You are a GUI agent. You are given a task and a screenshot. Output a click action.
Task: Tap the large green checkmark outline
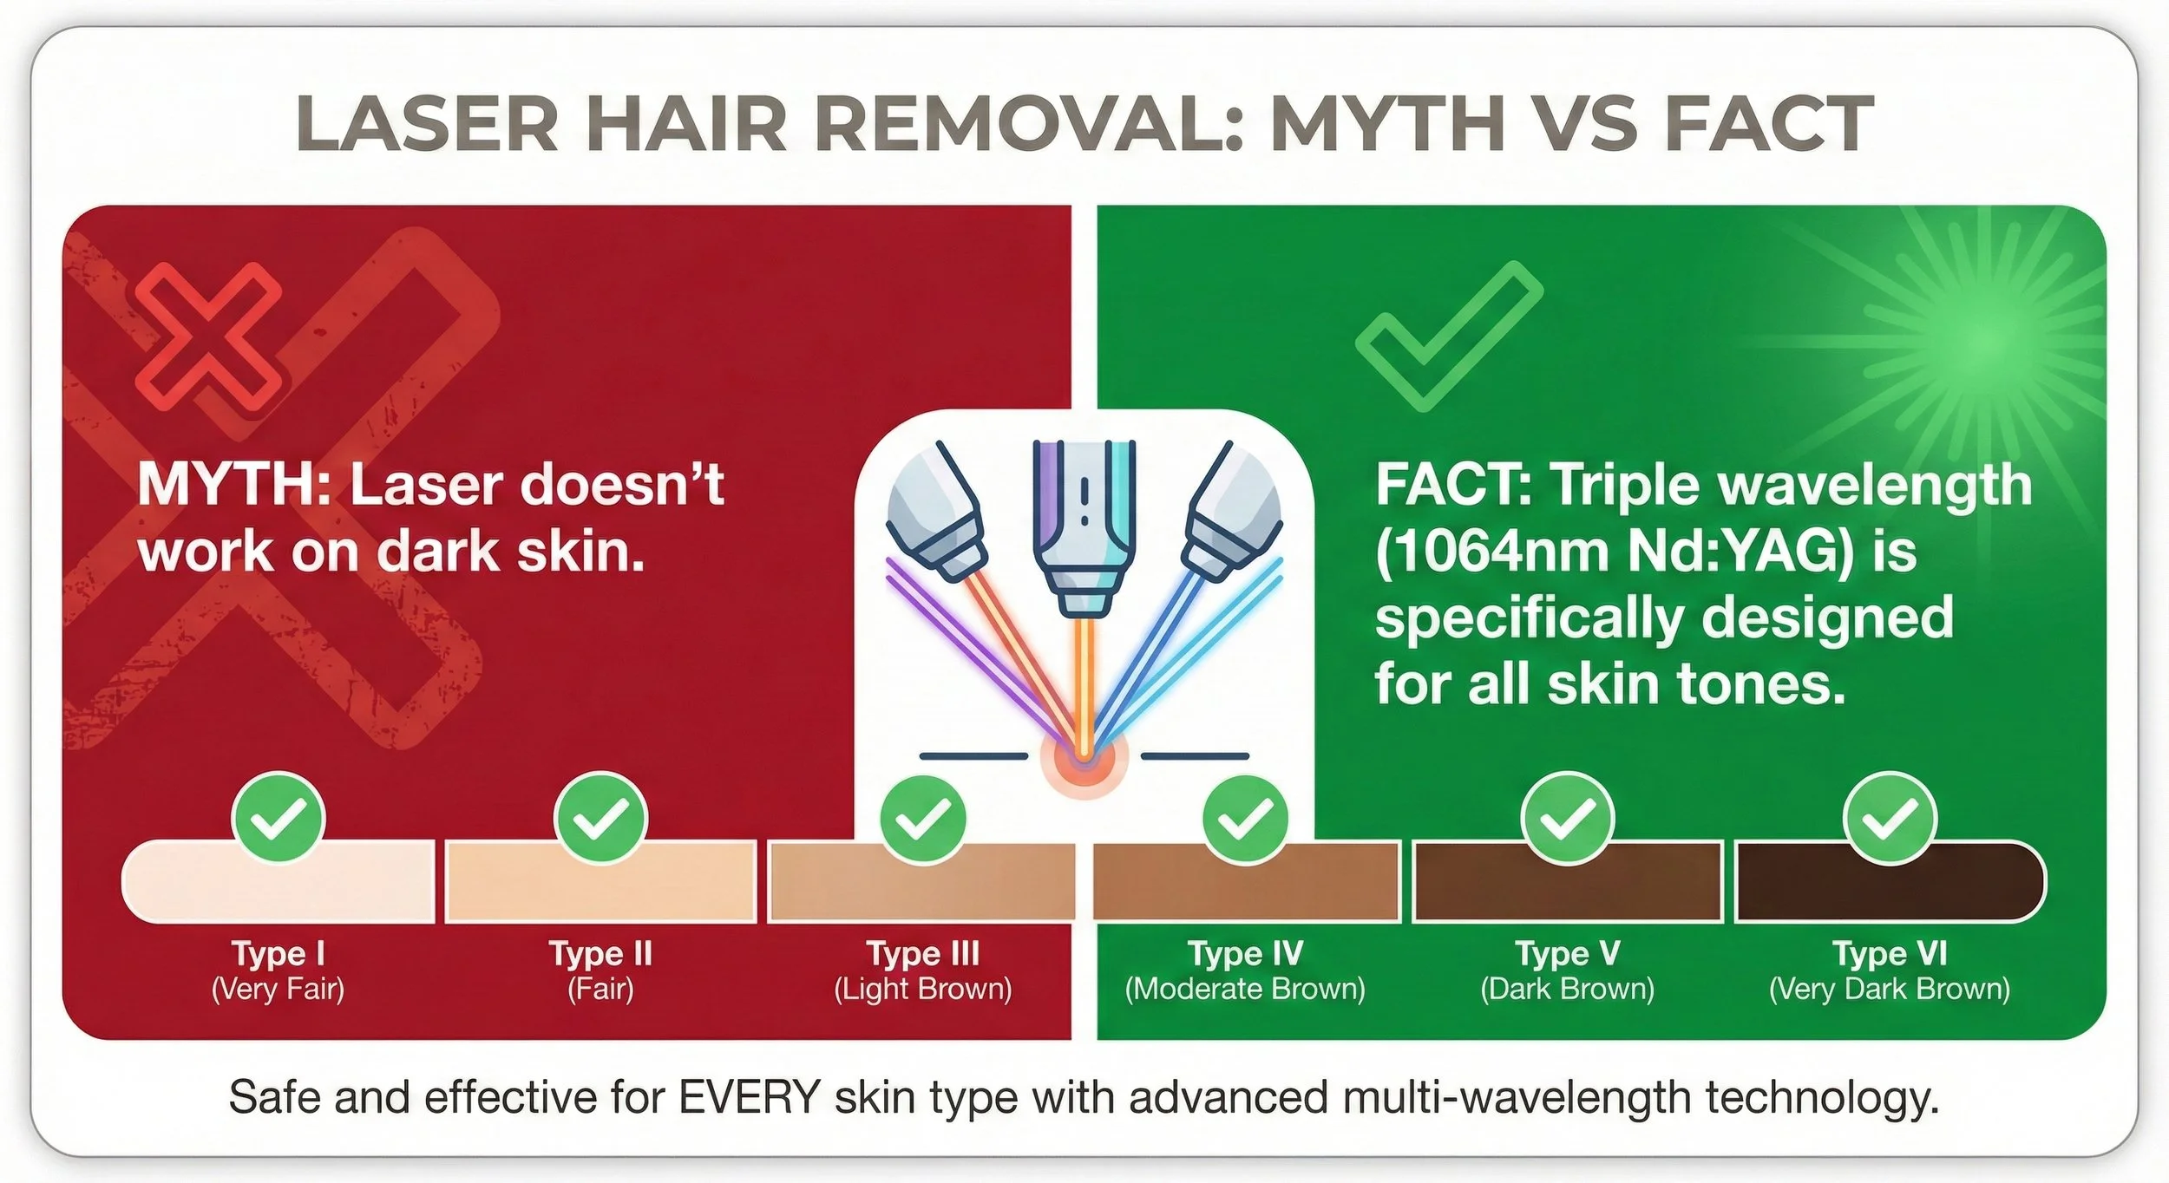[1447, 337]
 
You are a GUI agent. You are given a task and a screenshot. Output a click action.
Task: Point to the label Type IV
[1245, 953]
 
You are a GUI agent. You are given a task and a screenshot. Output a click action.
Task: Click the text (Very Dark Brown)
[1890, 990]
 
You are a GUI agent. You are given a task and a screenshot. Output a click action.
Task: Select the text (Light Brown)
[923, 990]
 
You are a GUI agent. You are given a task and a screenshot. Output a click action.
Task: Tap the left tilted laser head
[935, 512]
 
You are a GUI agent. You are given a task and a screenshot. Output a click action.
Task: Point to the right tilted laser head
[1234, 512]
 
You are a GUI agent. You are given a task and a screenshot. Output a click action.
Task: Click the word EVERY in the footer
[749, 1098]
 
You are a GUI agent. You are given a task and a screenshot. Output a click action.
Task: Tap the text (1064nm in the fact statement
[1492, 552]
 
